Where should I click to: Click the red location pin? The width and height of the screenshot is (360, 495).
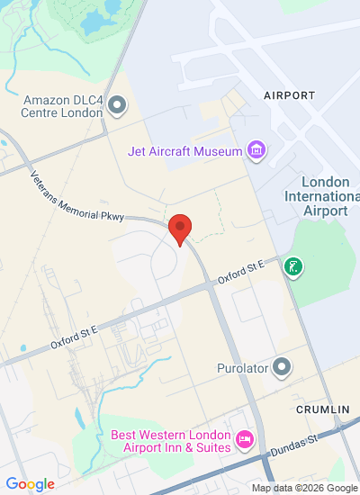180,229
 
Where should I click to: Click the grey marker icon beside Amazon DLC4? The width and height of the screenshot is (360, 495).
116,107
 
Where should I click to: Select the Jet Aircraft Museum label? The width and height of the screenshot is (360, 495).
185,150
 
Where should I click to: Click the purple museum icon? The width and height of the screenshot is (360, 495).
257,150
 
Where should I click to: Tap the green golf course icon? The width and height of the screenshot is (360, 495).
292,266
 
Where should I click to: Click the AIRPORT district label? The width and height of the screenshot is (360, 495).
289,94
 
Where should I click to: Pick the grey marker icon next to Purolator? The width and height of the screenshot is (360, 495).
283,367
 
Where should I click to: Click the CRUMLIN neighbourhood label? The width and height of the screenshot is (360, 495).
322,409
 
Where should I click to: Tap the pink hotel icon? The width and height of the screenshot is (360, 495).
242,440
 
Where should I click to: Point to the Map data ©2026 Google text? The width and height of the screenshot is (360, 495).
303,488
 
